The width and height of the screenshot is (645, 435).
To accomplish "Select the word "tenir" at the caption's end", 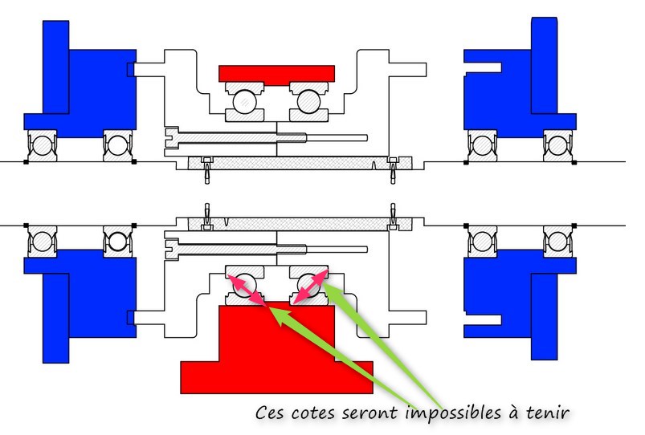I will click(x=549, y=413).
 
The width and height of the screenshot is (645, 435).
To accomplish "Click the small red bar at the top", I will click(x=276, y=74).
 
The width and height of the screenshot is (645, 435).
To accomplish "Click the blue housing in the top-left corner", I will click(x=88, y=80).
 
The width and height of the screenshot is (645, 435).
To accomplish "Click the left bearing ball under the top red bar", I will click(x=245, y=102).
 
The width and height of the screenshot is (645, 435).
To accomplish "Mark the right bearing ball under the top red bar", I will click(x=308, y=102).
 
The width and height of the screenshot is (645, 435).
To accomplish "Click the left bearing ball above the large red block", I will click(x=245, y=284).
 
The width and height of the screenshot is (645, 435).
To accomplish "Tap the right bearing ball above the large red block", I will click(x=308, y=284).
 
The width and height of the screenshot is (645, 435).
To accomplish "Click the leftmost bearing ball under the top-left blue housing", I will click(x=42, y=145).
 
